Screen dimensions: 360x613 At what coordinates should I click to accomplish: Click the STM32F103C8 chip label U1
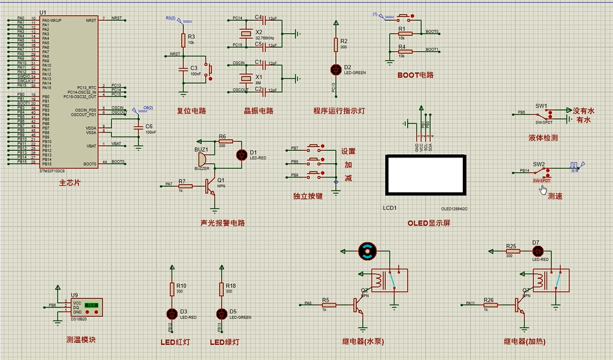43,12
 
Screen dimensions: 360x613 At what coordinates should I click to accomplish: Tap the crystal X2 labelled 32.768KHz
245,34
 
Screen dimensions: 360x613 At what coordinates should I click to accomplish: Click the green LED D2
335,69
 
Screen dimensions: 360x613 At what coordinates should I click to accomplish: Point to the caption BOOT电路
416,75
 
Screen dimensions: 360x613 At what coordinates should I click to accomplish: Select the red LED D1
242,155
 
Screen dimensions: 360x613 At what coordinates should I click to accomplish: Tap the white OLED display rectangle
425,175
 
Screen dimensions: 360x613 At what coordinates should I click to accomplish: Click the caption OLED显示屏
429,223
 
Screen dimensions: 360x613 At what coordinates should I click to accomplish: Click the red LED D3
171,313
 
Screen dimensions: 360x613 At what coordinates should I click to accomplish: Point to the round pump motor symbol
367,251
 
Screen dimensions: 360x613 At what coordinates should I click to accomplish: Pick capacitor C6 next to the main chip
138,128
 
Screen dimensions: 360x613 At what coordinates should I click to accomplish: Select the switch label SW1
541,105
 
